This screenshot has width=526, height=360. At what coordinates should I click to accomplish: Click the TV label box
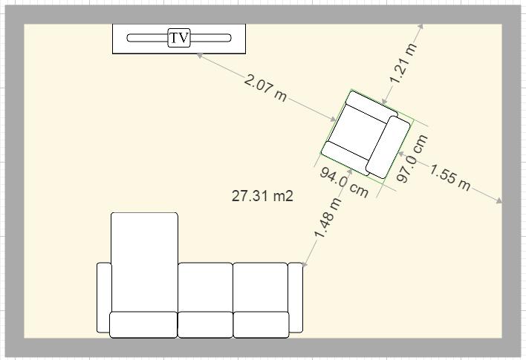point(179,38)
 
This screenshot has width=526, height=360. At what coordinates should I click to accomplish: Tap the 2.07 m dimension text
point(265,88)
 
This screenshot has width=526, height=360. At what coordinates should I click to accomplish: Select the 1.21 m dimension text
point(403,63)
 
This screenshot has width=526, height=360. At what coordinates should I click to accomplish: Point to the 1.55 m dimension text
point(450,177)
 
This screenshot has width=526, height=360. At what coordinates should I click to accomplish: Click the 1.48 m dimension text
point(328,218)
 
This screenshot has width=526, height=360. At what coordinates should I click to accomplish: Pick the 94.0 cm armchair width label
point(344,183)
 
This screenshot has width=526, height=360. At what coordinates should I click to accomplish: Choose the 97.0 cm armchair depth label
point(412,158)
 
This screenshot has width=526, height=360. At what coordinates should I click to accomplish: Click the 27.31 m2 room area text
point(262,196)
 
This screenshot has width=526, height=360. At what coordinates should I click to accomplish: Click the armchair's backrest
point(388,147)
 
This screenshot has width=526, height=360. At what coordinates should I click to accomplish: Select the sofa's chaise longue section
point(144,262)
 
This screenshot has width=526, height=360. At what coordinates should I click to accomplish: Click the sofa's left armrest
point(104,298)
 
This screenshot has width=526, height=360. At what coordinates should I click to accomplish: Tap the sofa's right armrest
point(296,298)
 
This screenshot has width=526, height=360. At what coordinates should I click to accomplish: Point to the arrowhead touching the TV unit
point(200,56)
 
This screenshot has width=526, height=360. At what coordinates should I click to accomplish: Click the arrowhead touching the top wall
point(421,27)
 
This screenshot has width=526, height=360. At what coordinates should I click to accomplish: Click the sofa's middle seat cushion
point(205,287)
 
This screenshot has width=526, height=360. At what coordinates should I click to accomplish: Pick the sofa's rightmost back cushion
point(261,324)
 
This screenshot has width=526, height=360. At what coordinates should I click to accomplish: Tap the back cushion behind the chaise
point(143,324)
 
